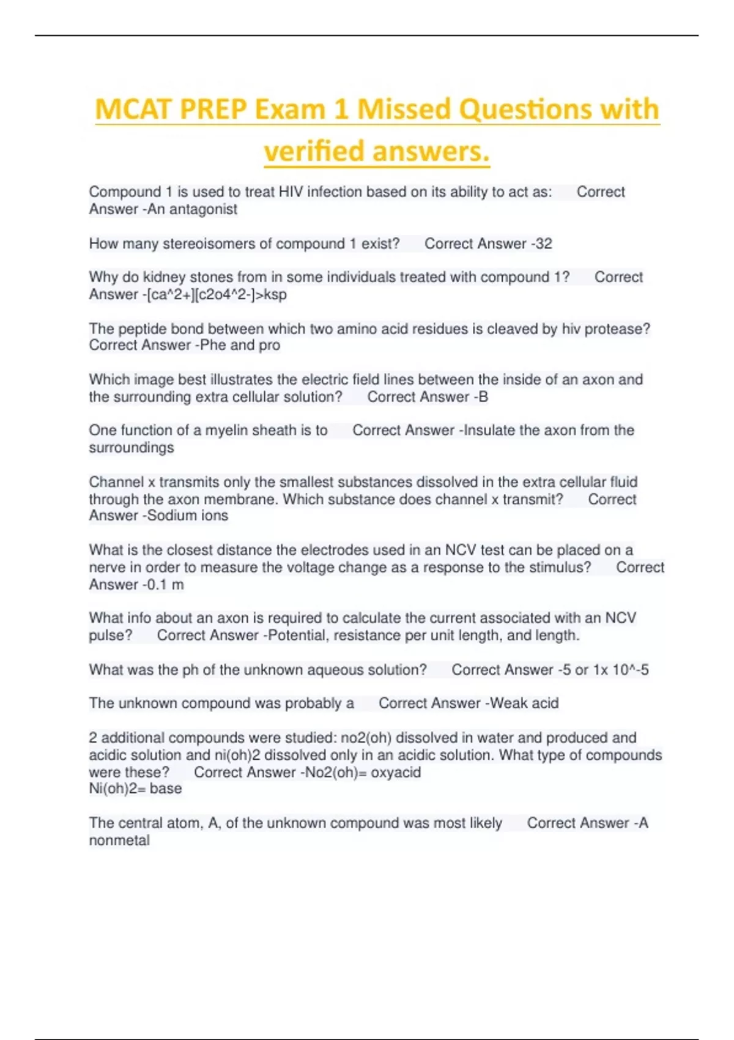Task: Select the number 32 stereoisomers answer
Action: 544,243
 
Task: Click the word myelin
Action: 228,430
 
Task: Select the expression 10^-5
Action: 630,670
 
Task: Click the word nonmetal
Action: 119,840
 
